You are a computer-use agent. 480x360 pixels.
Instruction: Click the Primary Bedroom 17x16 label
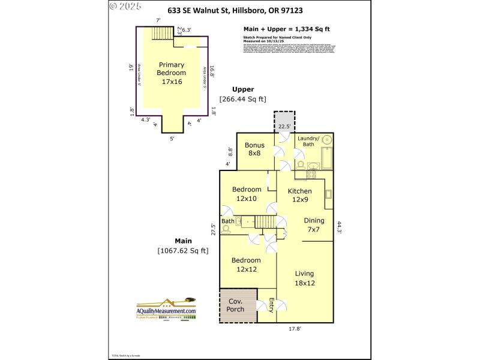[x=172, y=73]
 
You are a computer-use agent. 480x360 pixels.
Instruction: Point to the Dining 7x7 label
[x=313, y=224]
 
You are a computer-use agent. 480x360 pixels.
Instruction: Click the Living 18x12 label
[x=305, y=278]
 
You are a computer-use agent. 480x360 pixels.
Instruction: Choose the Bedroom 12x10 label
[x=246, y=194]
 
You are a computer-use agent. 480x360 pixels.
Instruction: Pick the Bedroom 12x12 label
[x=246, y=265]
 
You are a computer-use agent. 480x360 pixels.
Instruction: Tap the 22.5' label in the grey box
[x=284, y=126]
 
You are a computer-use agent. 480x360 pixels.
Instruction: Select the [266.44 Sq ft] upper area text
[x=242, y=99]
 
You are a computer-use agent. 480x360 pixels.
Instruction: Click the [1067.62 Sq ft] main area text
[x=183, y=250]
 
